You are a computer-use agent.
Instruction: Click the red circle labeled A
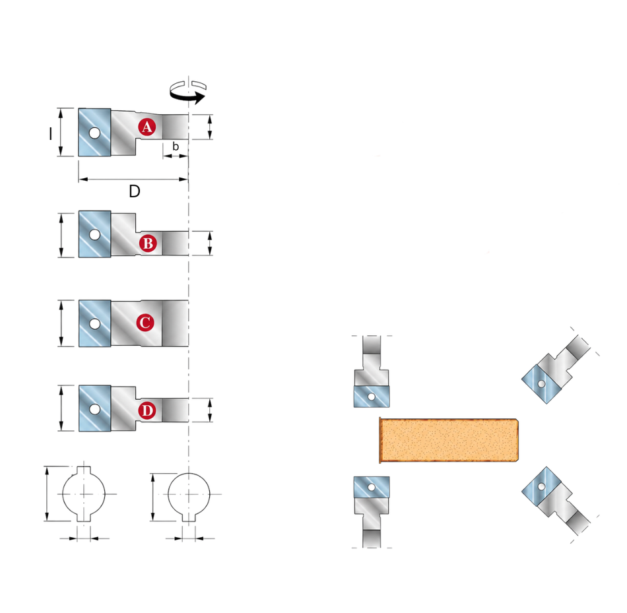click(147, 127)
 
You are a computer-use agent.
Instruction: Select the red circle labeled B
click(148, 243)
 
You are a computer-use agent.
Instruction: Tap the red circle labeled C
click(145, 323)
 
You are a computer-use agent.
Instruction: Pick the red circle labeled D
click(147, 410)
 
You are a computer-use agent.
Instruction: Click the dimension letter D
click(135, 191)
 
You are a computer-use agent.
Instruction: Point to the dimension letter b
click(175, 146)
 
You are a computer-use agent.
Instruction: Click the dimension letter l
click(50, 134)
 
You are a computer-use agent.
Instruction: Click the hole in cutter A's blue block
click(95, 133)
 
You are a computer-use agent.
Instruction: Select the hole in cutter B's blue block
click(95, 234)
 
